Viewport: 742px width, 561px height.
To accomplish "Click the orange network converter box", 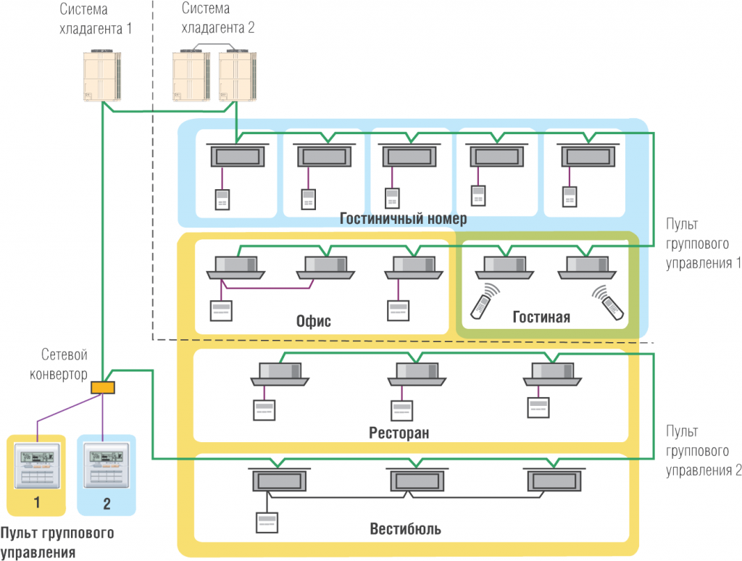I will (103, 388).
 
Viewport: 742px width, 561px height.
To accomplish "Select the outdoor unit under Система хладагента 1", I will (101, 75).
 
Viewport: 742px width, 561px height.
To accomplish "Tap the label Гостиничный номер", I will (404, 219).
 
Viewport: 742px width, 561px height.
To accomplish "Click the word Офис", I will (314, 320).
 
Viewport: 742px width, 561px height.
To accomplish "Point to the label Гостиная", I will (541, 317).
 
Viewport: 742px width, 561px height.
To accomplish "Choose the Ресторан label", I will (399, 433).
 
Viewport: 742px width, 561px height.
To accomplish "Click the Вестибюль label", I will (405, 528).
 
